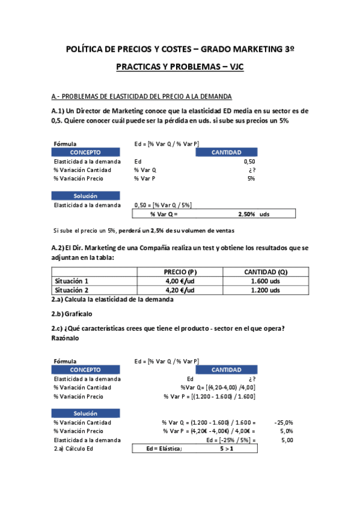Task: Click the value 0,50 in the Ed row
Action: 249,161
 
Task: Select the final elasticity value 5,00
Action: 287,440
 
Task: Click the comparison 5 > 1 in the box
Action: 227,449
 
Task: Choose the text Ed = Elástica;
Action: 164,449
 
